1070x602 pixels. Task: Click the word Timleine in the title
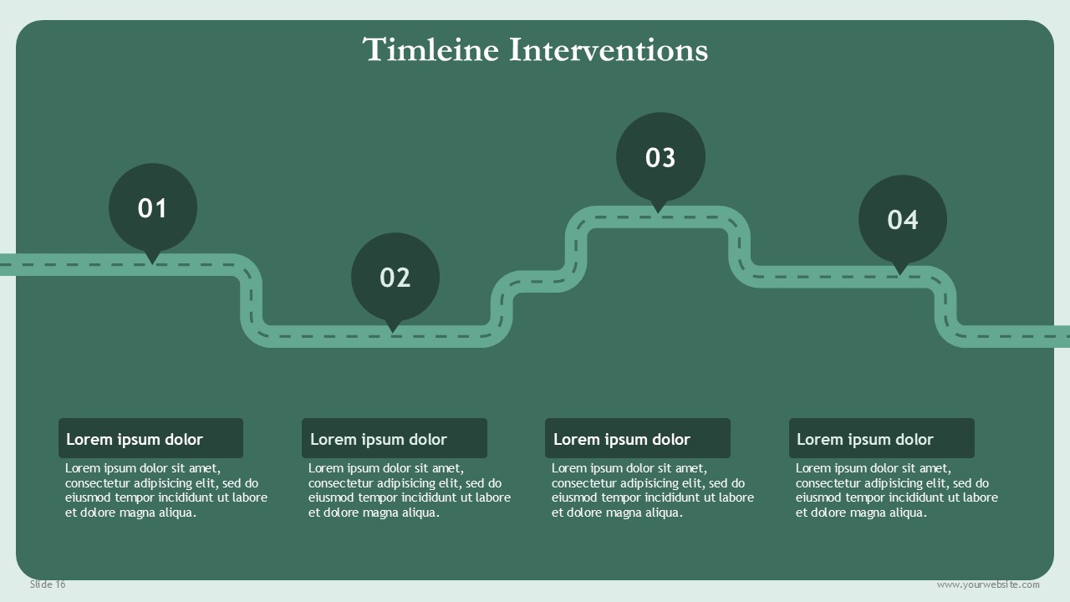click(x=431, y=49)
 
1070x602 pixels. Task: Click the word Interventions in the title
click(x=608, y=49)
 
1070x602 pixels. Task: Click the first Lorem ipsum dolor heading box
click(x=151, y=438)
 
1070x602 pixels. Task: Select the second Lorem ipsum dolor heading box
click(x=395, y=438)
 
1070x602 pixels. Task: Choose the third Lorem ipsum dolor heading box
click(x=638, y=438)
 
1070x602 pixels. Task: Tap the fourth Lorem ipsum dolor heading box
click(x=882, y=438)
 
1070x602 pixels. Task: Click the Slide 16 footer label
click(x=48, y=584)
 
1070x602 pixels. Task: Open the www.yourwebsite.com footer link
click(x=988, y=584)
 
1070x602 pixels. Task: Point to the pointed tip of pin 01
click(x=152, y=264)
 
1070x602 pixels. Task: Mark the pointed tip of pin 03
click(x=658, y=213)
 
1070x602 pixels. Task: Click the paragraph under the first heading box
click(x=166, y=490)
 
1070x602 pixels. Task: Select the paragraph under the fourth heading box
click(x=897, y=490)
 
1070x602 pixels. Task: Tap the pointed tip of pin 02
click(x=393, y=333)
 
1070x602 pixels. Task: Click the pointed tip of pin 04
click(x=900, y=275)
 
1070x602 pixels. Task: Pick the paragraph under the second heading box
click(x=410, y=490)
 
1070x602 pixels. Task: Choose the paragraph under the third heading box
click(x=653, y=490)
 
